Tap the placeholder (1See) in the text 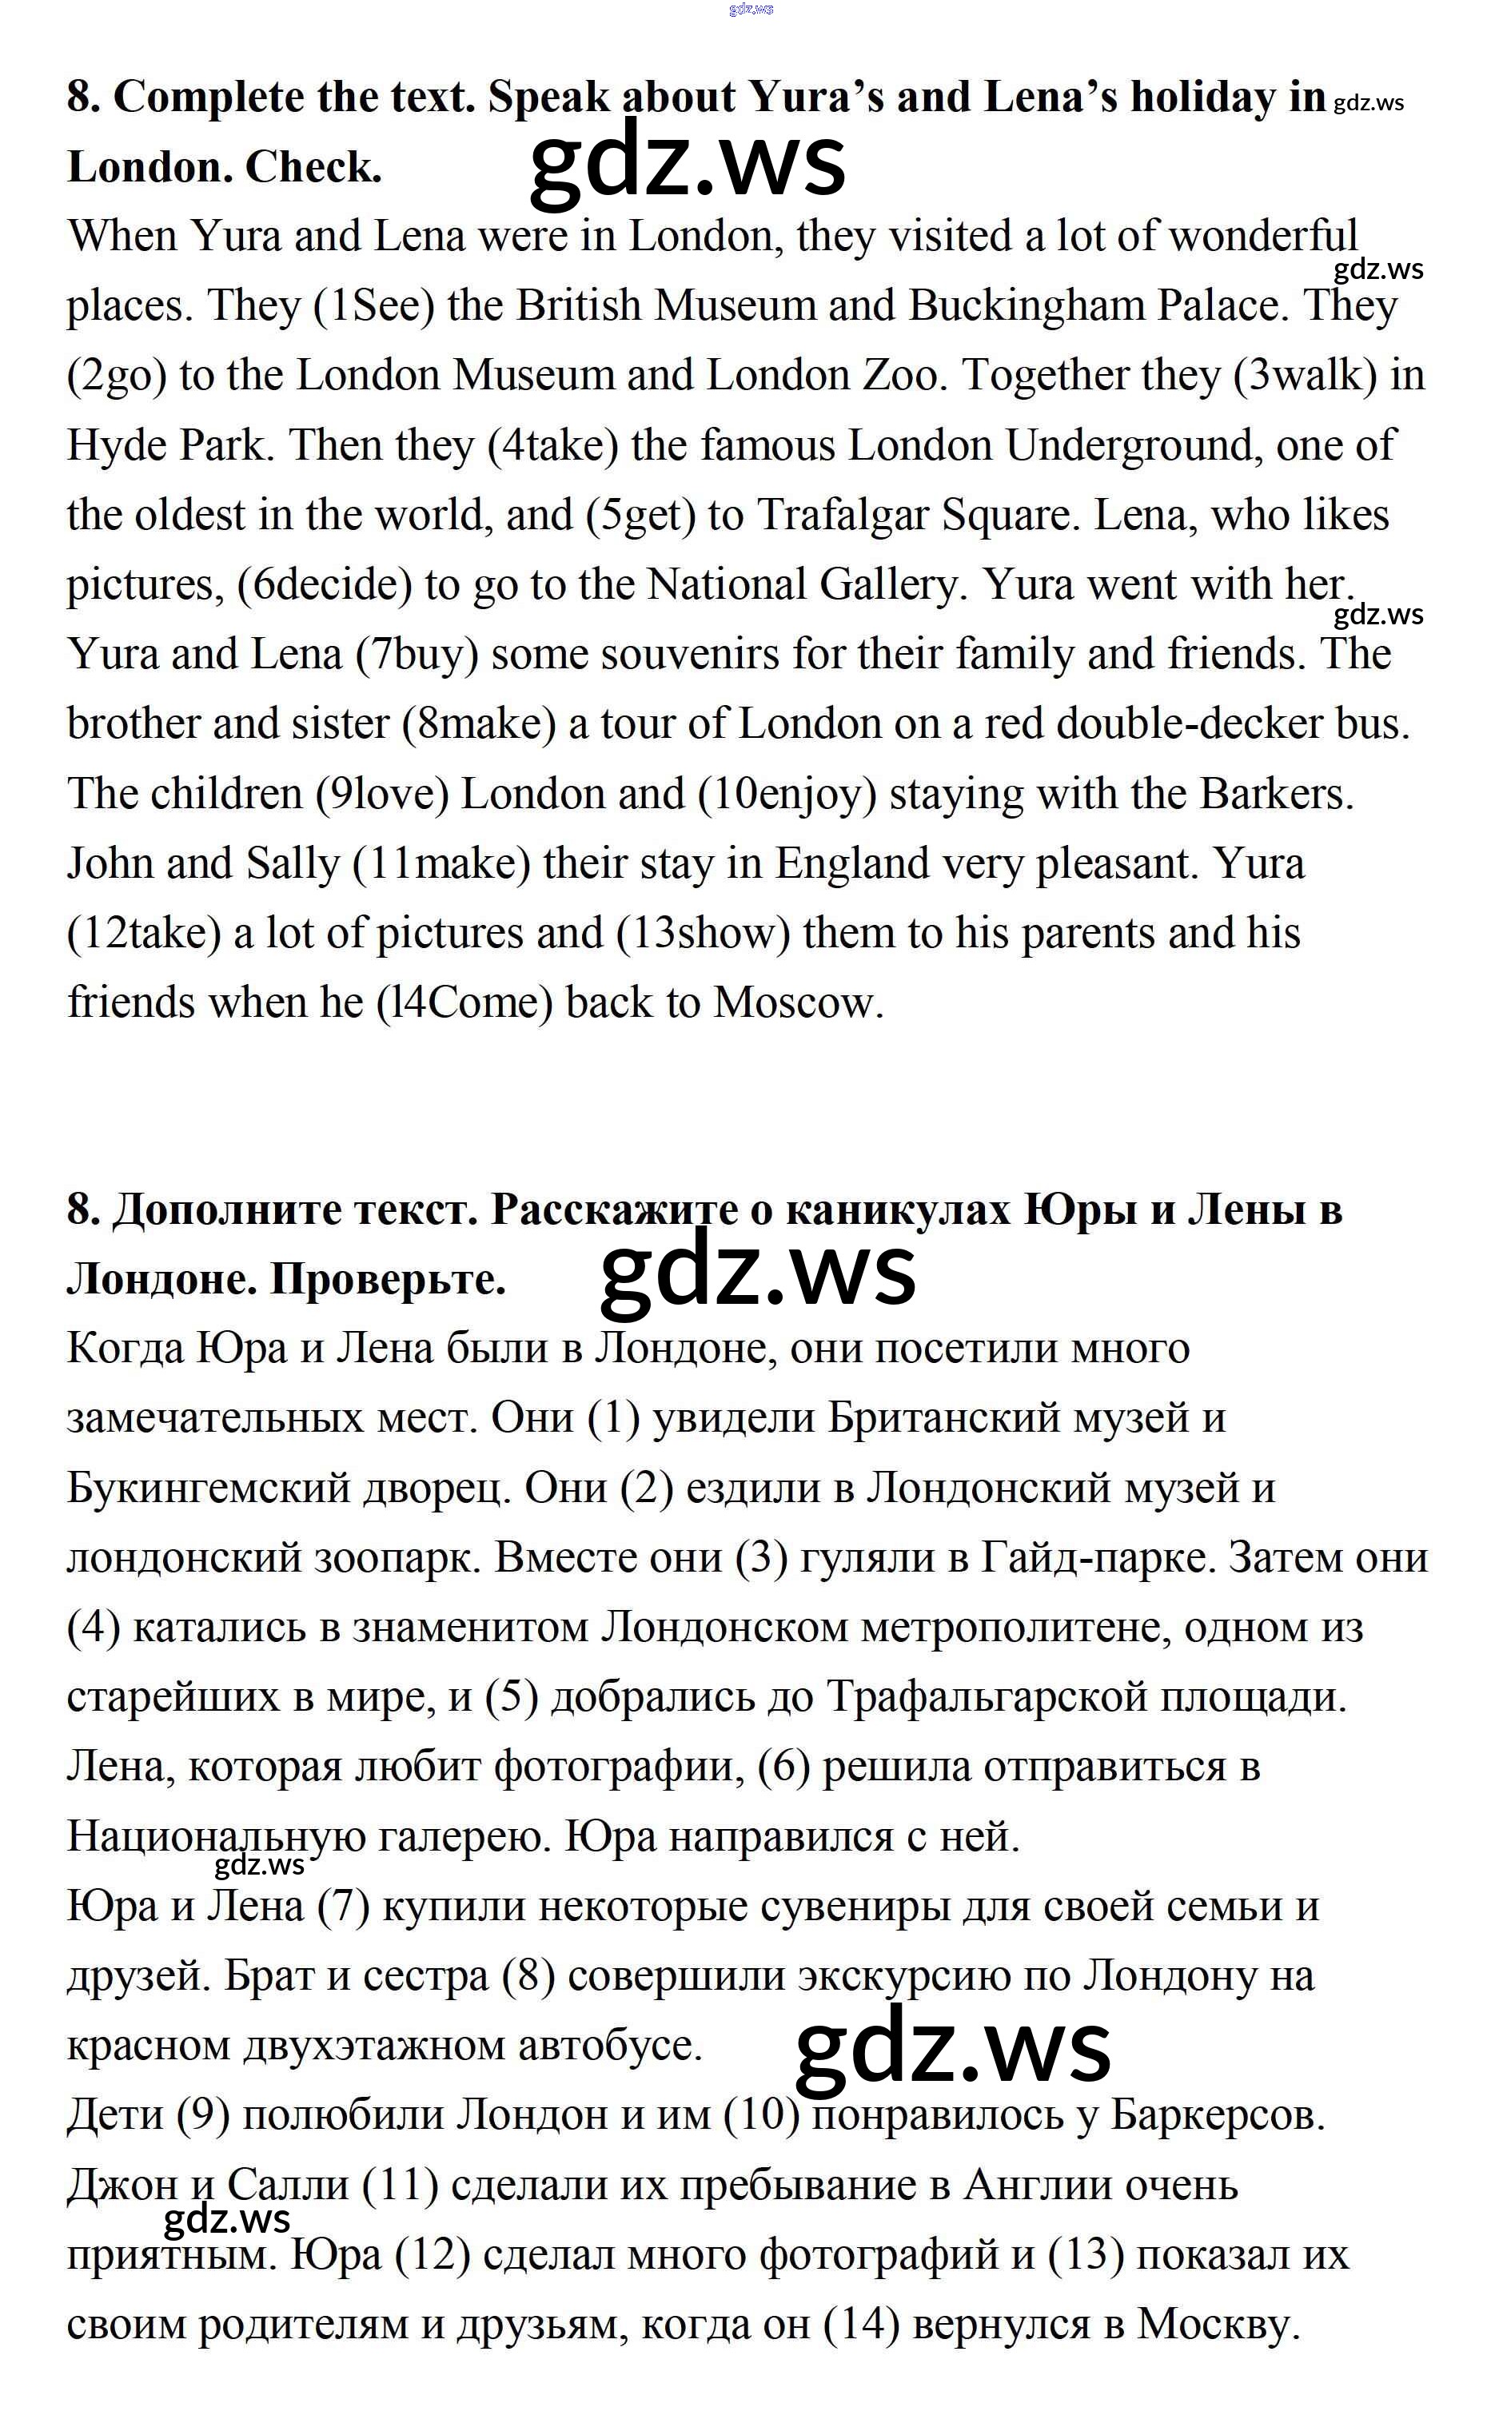(374, 306)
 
